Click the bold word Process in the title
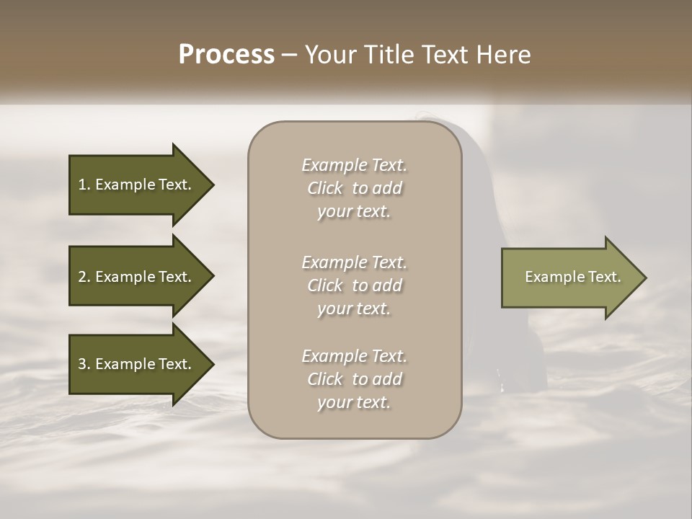226,55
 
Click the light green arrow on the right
569,278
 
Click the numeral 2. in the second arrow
84,277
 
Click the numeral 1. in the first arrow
84,185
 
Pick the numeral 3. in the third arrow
84,364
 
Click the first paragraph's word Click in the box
325,189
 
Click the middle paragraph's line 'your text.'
354,309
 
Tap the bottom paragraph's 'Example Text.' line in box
354,356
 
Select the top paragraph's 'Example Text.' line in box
354,165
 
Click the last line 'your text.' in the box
354,403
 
